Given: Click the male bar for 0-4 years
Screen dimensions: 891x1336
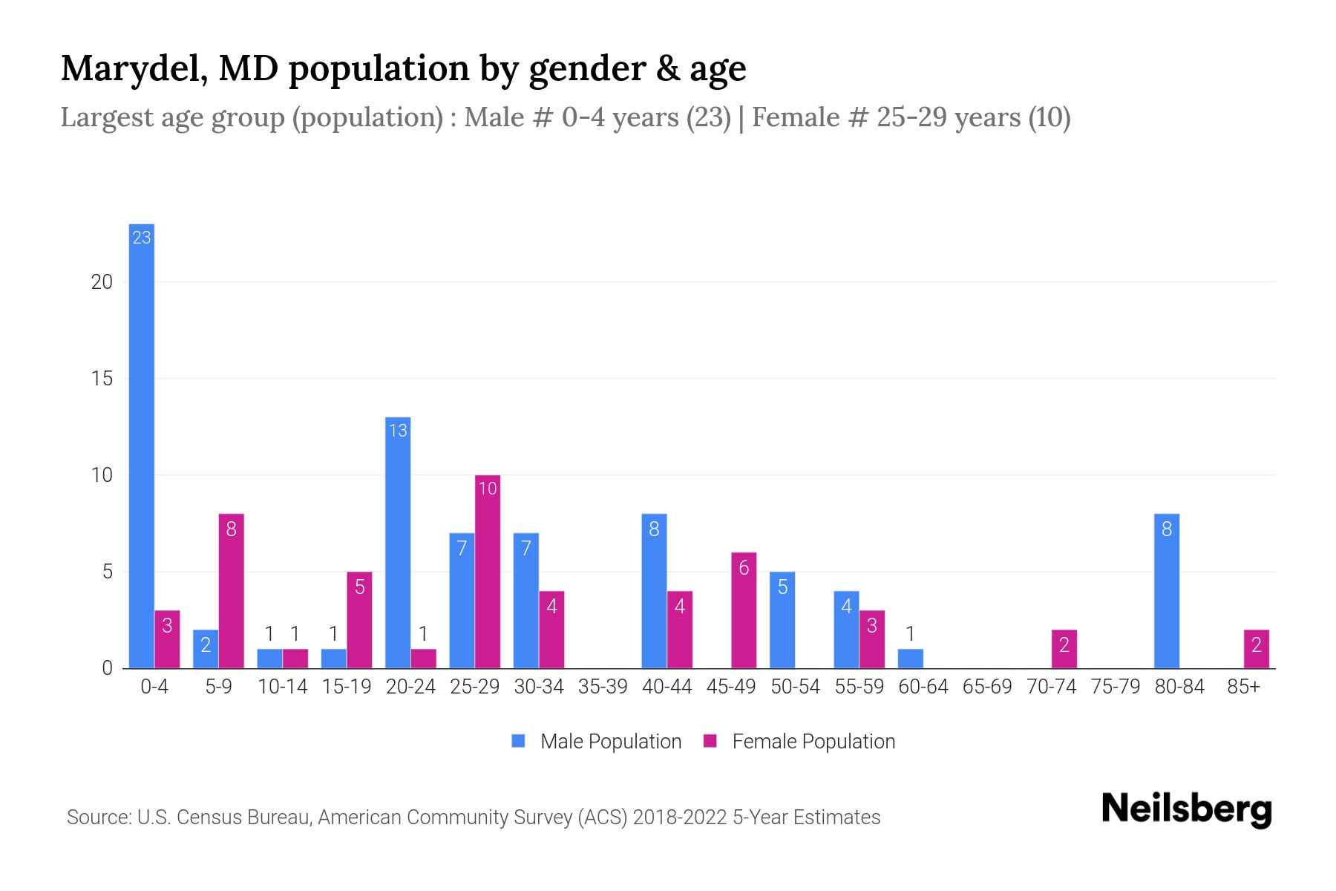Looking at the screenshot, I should (141, 446).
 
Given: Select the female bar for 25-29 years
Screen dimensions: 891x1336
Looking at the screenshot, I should (488, 572).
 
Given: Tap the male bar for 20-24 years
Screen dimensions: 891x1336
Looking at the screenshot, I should (398, 542).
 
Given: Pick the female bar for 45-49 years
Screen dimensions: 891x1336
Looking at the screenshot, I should (744, 610).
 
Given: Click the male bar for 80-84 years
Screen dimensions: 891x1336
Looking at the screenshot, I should (1167, 591).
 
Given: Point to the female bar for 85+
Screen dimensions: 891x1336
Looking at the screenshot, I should (1257, 649).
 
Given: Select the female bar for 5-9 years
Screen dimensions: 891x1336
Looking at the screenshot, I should (231, 591).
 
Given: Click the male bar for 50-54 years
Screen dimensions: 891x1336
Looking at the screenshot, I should (782, 620).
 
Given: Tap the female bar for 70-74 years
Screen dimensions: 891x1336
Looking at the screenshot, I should (1064, 649).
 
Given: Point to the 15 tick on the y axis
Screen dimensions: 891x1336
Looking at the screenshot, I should (102, 379).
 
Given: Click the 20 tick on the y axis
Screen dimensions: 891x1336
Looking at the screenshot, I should (102, 282).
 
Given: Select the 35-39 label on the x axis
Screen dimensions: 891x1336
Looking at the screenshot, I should (603, 687).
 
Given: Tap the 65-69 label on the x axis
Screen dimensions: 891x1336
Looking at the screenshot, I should (987, 687).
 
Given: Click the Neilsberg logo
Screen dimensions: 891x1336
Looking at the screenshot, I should (1186, 809).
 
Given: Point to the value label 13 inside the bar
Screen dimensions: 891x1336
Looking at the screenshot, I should (398, 431).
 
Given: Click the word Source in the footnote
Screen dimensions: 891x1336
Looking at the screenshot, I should (96, 817).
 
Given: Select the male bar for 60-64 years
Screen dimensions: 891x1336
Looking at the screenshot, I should (910, 659).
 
